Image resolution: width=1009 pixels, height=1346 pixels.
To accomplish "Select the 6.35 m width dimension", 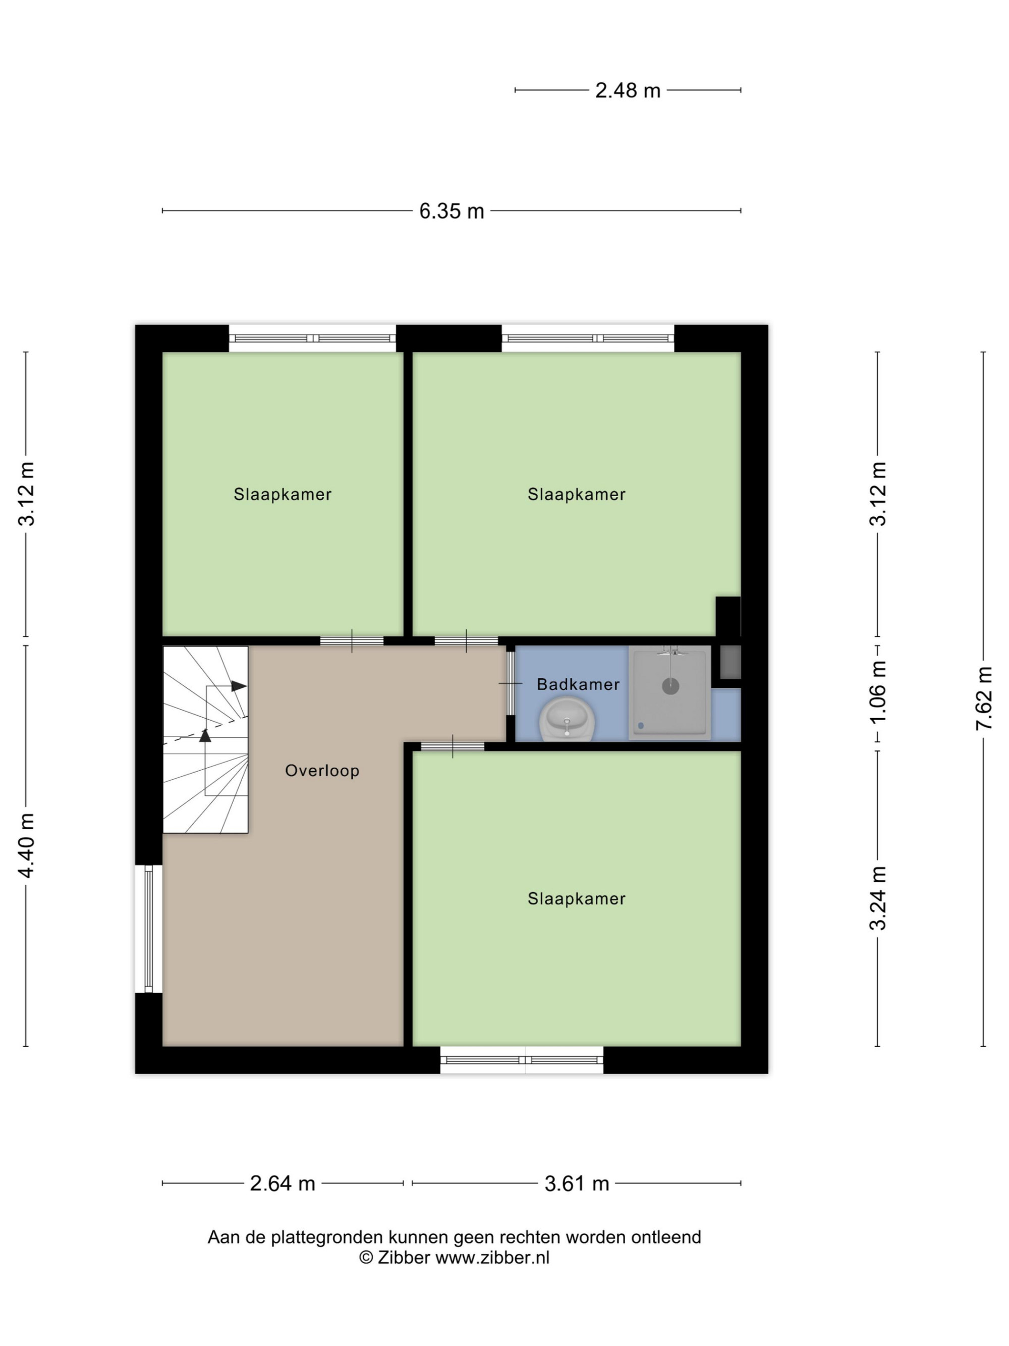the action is (452, 210).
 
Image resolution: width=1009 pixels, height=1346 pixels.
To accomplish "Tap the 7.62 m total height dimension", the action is (983, 698).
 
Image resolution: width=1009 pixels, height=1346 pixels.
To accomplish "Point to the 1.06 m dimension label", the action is (878, 692).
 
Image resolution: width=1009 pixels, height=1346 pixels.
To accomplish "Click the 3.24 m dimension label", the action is (878, 898).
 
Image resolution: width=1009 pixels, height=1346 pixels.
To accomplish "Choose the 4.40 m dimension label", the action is (26, 845).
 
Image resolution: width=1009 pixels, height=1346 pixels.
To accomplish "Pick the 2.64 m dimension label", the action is (282, 1183).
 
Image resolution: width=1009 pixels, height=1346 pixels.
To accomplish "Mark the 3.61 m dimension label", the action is (577, 1183).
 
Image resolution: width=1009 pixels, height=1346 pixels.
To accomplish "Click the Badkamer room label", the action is (578, 684).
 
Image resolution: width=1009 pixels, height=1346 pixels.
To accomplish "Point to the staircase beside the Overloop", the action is (205, 739).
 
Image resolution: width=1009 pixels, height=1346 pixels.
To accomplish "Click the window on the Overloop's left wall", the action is (148, 929).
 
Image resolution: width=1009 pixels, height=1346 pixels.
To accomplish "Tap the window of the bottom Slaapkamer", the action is (521, 1060).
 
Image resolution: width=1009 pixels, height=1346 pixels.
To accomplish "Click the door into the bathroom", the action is (510, 683).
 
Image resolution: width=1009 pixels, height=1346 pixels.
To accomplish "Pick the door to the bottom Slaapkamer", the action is (453, 746).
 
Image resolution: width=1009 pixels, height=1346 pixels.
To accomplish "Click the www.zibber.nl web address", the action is (492, 1258).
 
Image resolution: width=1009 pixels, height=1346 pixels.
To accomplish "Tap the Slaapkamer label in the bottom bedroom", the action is (576, 898).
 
